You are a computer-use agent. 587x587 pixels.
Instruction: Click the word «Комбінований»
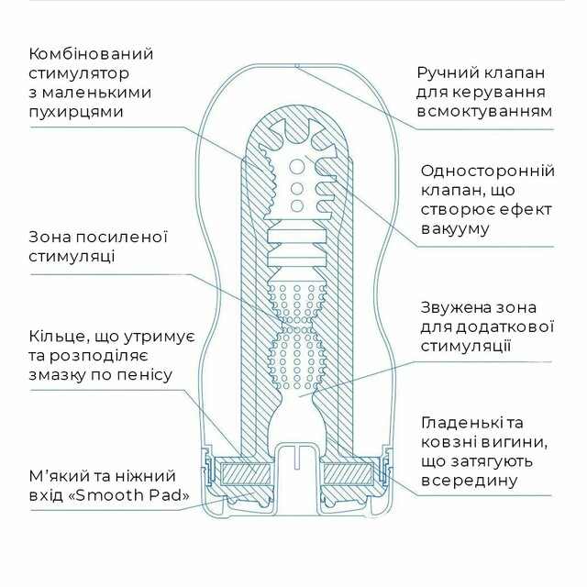click(x=91, y=54)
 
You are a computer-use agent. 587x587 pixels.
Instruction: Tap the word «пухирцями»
click(x=76, y=112)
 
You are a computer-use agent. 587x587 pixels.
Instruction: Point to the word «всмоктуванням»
click(x=485, y=112)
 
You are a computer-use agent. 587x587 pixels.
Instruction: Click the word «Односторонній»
click(x=487, y=171)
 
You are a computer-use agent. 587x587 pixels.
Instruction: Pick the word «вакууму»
click(x=455, y=228)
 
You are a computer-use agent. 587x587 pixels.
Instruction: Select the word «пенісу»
click(x=143, y=375)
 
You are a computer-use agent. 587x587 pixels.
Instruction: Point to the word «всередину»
click(x=469, y=481)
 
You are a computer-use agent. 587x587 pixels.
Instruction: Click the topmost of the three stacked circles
click(x=297, y=167)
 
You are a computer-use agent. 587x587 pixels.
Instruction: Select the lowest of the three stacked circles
click(x=297, y=206)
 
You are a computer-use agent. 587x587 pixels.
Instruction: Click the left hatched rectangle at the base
click(x=246, y=473)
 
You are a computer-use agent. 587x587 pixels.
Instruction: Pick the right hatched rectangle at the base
click(x=349, y=473)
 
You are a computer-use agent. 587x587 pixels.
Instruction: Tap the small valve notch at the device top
click(x=296, y=66)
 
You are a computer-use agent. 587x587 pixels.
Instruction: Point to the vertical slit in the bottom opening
click(x=296, y=458)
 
